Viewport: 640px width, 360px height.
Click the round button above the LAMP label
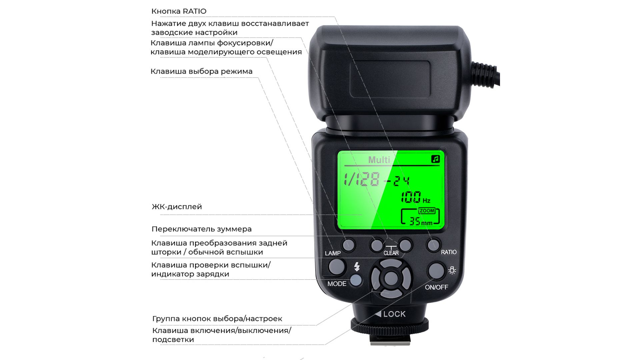348,245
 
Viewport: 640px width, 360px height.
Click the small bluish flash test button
356,281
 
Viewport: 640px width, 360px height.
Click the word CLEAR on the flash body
391,253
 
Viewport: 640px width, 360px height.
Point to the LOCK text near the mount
394,314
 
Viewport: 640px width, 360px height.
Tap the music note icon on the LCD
436,159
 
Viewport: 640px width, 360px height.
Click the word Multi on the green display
379,160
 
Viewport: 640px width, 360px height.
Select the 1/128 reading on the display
362,179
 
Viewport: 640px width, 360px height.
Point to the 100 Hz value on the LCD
415,197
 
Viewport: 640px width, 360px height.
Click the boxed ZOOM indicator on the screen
427,211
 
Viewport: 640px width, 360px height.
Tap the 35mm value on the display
421,221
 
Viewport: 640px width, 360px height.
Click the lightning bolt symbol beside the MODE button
357,267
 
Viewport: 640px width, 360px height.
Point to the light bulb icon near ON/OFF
452,270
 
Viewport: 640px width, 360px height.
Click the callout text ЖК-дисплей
177,207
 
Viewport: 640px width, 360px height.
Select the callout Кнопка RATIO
179,11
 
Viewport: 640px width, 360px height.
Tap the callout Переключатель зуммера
202,229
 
